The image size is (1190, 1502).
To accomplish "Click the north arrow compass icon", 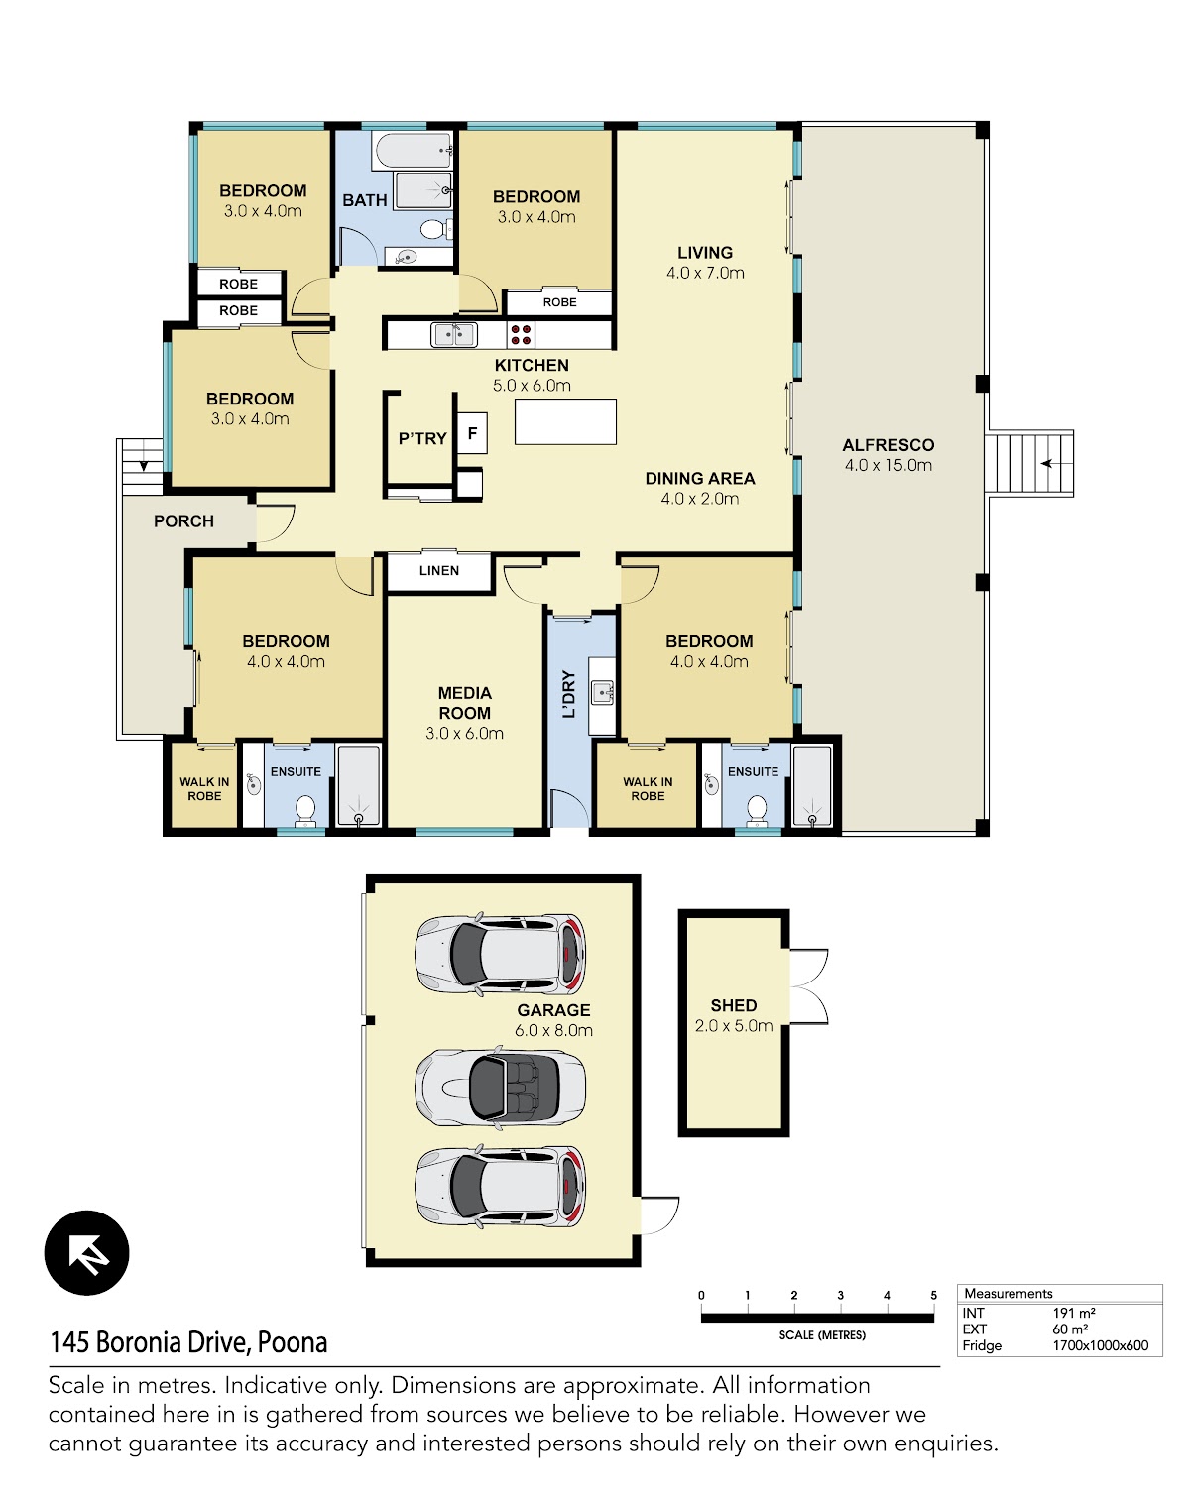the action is tap(86, 1253).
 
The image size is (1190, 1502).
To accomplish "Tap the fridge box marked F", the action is tap(472, 433).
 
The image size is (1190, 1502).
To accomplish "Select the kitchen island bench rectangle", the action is tap(565, 421).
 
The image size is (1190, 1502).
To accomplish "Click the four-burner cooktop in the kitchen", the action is tap(521, 335).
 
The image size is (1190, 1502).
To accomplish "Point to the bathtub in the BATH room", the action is tap(414, 150).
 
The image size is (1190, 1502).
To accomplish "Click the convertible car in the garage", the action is tap(501, 1088).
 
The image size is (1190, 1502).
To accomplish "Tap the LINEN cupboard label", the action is tap(439, 570).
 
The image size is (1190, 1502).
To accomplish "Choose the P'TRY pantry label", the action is tap(422, 438).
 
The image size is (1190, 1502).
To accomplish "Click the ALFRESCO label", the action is tap(889, 444).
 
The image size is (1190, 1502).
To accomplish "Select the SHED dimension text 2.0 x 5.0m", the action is tap(734, 1026).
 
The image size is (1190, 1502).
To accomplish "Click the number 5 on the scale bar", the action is tap(934, 1295).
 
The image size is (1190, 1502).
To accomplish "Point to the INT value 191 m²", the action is tap(1074, 1313).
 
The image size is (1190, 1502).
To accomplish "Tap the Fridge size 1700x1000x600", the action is tap(1101, 1345).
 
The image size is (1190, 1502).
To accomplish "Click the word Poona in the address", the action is tap(293, 1342).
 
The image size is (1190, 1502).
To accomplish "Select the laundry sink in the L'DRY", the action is tap(603, 692).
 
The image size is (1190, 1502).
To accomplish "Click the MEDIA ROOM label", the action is tap(464, 703).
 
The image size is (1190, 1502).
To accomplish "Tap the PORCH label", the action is tap(183, 521).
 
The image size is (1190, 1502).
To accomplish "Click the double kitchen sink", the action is tap(454, 335).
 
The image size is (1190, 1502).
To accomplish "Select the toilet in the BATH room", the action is tap(434, 228).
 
